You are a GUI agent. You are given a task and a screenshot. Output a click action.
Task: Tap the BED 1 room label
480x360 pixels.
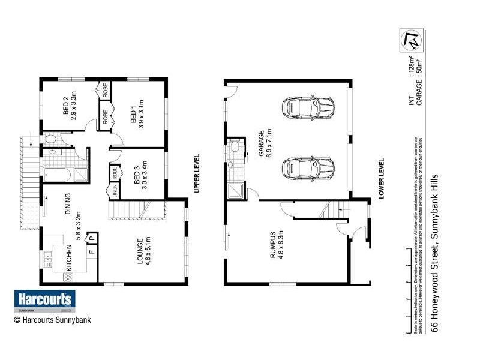[x=133, y=116]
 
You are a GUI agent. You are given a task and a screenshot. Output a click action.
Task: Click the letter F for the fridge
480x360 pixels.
[x=92, y=251]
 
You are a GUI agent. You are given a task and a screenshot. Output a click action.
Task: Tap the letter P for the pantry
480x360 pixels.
[x=92, y=239]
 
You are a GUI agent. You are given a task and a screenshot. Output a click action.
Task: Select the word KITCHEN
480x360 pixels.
[x=69, y=258]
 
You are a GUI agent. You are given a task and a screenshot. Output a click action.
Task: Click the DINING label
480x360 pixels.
[x=68, y=204]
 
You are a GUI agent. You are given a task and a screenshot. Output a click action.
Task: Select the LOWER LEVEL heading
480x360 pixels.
[x=380, y=179]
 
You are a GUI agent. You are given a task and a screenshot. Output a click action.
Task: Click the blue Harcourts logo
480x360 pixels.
[x=44, y=299]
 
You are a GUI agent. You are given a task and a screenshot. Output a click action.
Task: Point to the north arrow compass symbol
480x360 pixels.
[x=412, y=40]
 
